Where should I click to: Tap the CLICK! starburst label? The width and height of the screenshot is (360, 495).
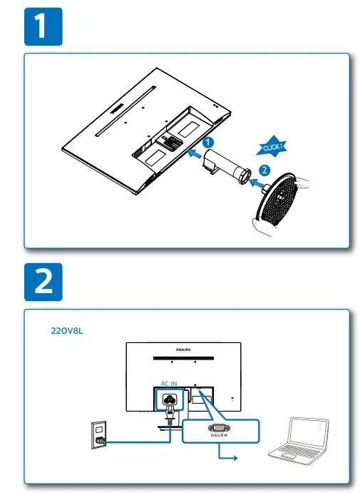tap(274, 148)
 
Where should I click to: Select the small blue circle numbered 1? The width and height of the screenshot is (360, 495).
tap(207, 143)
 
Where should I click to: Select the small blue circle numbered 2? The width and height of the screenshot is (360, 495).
tap(264, 170)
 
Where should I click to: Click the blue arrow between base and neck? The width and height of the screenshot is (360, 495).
tap(254, 181)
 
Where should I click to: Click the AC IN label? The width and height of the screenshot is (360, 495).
tap(169, 384)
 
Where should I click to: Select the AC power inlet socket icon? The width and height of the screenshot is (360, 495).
tap(170, 400)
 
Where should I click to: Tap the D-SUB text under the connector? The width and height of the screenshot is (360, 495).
tap(218, 437)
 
